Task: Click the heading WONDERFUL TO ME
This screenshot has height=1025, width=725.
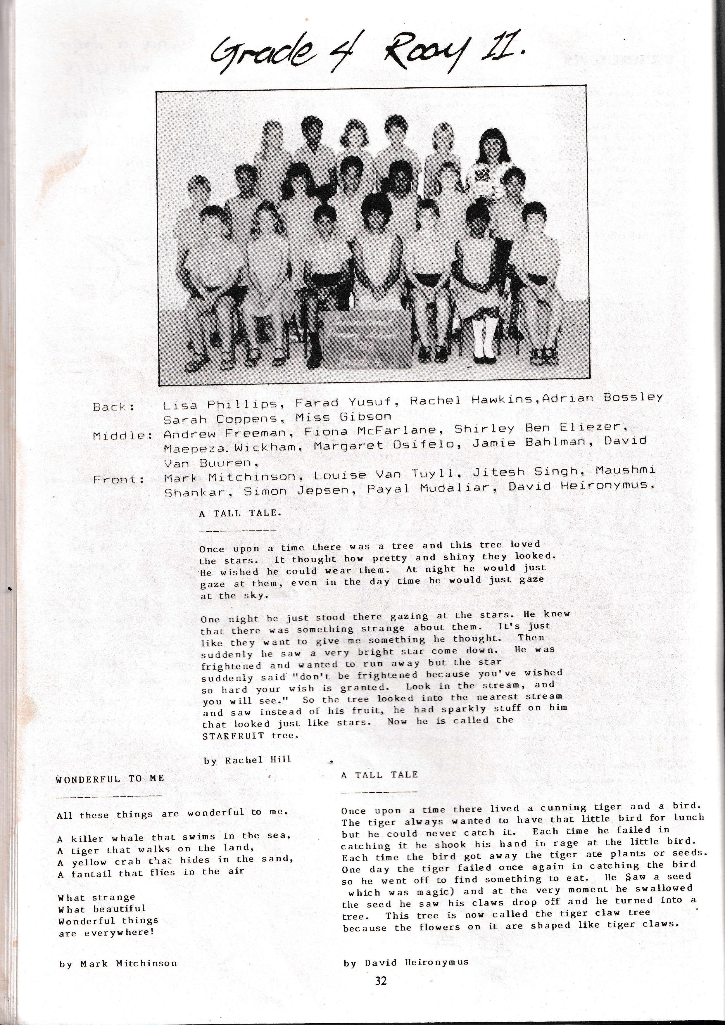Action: [110, 779]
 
